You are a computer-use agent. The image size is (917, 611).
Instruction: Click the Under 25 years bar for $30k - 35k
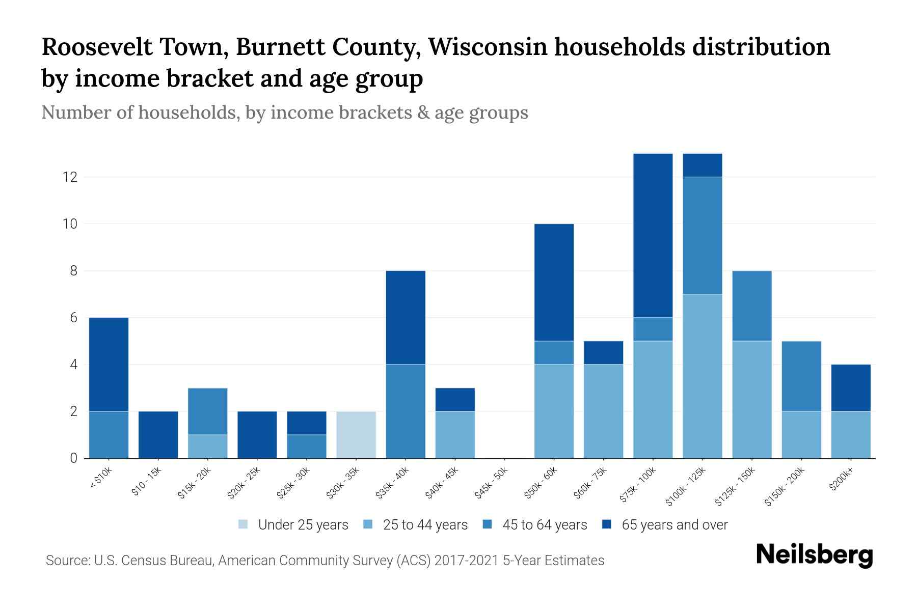click(x=356, y=434)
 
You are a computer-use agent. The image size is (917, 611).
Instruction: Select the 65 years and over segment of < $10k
click(x=109, y=364)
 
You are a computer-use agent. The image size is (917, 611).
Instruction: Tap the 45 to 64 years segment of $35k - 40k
click(x=406, y=411)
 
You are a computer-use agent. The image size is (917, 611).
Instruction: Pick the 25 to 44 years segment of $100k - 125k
click(x=703, y=376)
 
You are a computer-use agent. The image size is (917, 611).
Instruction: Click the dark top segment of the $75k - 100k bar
click(x=653, y=235)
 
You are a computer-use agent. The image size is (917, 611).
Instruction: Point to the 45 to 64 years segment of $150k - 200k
click(x=801, y=376)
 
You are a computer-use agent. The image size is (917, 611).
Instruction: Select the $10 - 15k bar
click(x=158, y=434)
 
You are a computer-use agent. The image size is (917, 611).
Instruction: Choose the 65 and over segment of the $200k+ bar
click(x=851, y=387)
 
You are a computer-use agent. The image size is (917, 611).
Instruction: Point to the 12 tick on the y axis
click(x=70, y=177)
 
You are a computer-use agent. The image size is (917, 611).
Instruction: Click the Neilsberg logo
click(x=814, y=555)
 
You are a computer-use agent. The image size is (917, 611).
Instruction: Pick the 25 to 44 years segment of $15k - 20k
click(x=207, y=446)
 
